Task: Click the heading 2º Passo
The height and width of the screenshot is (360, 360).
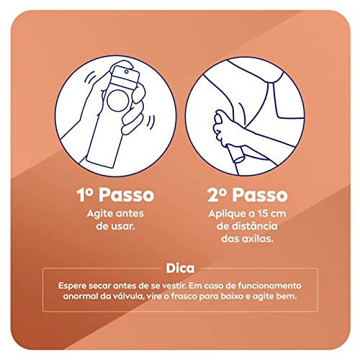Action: pos(247,195)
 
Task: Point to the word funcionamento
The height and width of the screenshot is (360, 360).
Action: pos(261,285)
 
